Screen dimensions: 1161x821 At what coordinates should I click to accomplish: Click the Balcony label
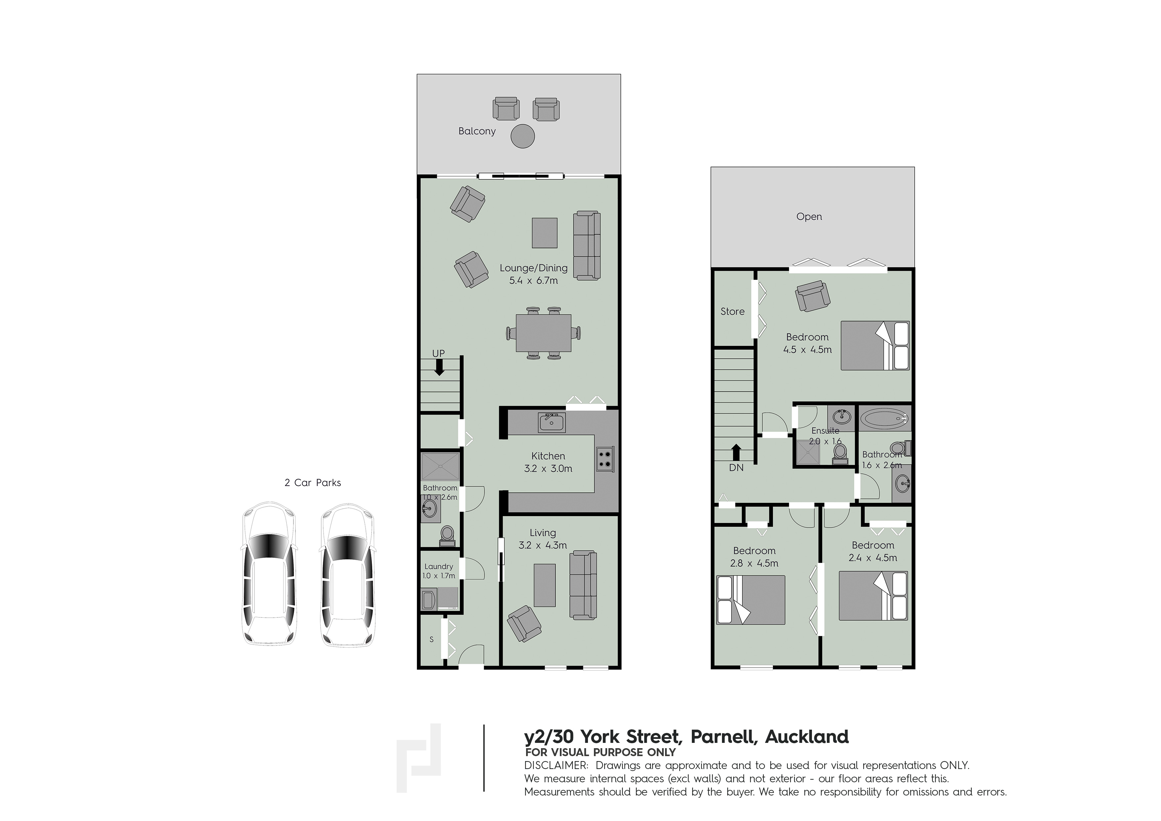pos(477,131)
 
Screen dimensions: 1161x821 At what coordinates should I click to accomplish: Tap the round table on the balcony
pos(522,136)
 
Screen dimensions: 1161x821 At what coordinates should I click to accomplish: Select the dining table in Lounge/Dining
pos(544,333)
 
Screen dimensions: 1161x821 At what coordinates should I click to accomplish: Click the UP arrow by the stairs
pos(439,369)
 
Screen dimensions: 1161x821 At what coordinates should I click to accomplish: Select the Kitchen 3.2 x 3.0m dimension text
pos(548,469)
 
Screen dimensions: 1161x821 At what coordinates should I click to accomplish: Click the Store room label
pos(732,312)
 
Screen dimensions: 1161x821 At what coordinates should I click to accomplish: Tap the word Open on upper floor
pos(809,217)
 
